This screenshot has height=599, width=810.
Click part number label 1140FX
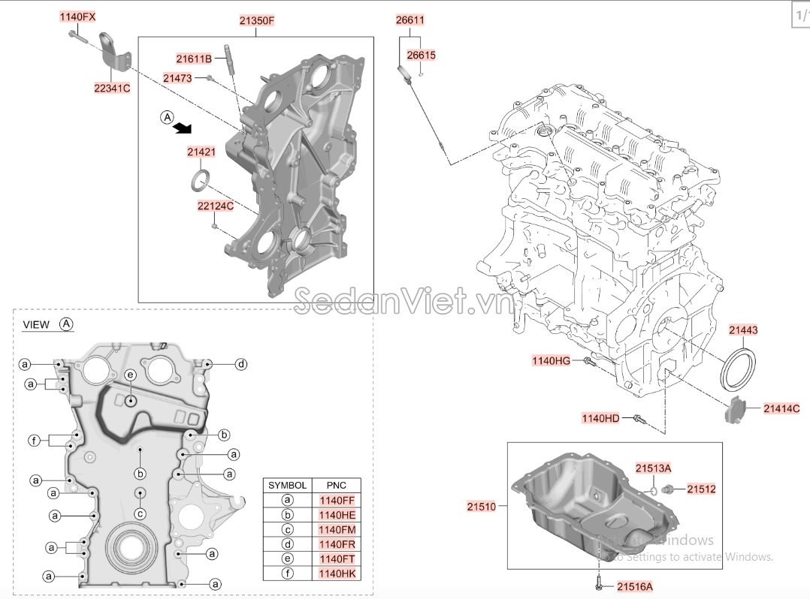point(78,17)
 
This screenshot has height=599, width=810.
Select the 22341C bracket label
point(112,88)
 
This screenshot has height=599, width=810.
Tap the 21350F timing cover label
point(257,22)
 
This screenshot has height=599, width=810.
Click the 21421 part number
point(201,152)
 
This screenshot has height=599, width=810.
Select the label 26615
point(421,56)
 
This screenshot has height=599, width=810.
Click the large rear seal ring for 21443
point(739,369)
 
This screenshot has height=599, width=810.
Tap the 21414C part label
point(781,408)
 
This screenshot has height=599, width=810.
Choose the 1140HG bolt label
point(552,361)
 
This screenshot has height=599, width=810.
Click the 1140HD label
point(600,418)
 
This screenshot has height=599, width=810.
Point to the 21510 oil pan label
point(482,507)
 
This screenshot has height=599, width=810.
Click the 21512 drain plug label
point(700,489)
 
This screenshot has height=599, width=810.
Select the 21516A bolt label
point(635,585)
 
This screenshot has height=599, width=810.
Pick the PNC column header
point(336,486)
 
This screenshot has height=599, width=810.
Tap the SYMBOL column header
point(287,486)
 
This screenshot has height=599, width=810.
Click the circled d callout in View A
point(240,365)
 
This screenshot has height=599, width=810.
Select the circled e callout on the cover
point(129,375)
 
